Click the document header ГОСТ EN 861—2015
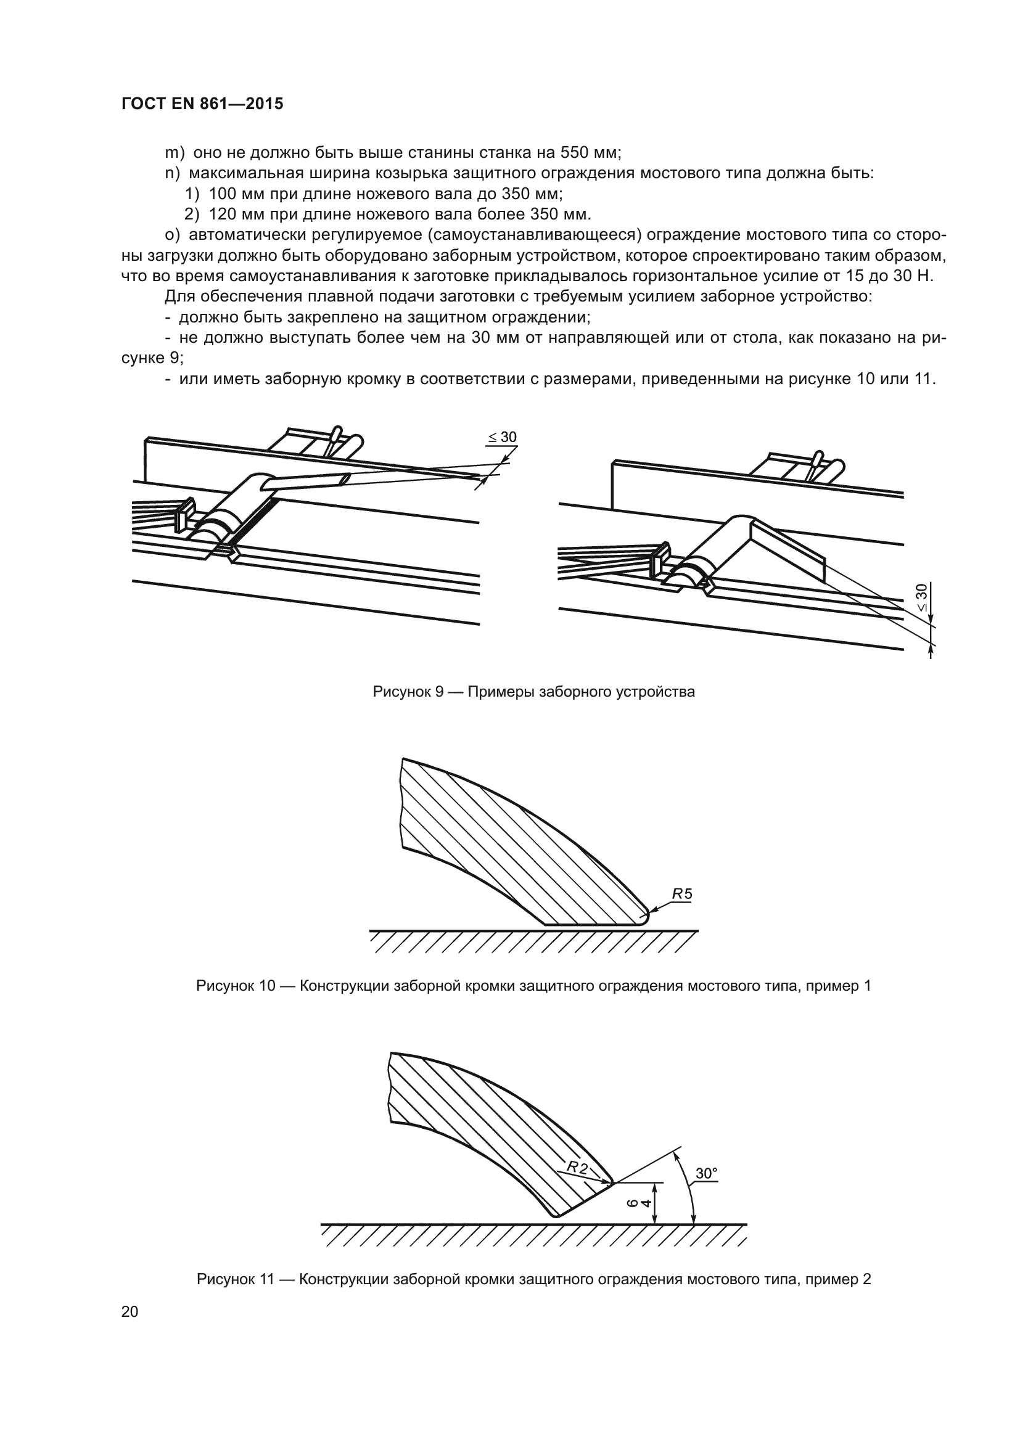(202, 104)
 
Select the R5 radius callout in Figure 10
(681, 893)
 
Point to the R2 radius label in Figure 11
(577, 1168)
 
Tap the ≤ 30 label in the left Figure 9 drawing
(502, 437)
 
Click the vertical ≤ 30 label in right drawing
(921, 598)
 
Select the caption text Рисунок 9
(409, 692)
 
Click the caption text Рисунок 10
(236, 986)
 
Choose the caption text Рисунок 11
(236, 1279)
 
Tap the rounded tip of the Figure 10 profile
(645, 916)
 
